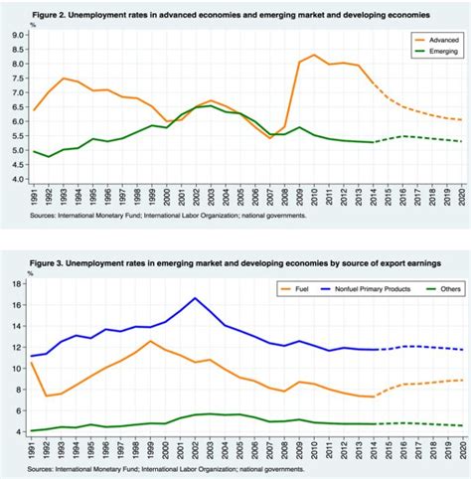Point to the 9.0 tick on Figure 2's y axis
pos(17,34)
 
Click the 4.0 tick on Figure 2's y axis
pos(17,179)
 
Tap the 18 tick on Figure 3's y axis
pos(17,283)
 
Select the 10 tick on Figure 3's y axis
pos(17,368)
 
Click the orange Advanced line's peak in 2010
pos(314,56)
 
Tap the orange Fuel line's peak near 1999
pos(150,341)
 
